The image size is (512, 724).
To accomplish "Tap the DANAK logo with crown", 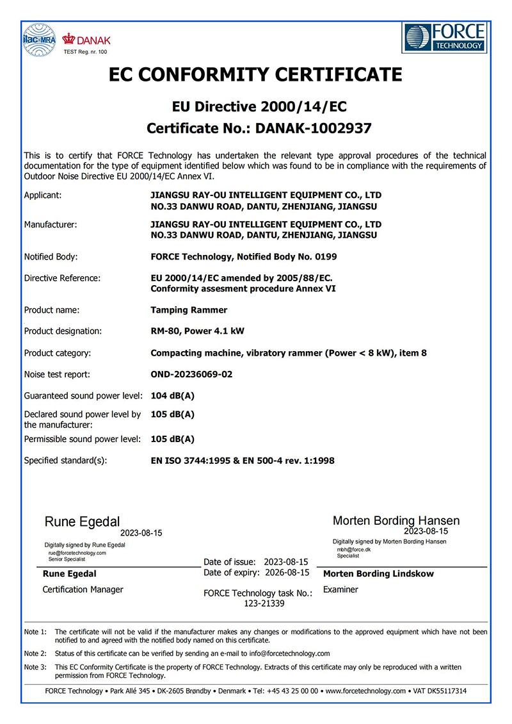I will point(86,40).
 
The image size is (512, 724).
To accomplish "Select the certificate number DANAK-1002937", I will point(314,128).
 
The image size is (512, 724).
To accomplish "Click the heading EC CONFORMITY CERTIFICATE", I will point(255,75).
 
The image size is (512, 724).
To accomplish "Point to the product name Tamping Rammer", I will point(189,310).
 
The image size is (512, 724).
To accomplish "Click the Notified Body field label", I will point(51,257).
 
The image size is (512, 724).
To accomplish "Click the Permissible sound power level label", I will point(82,439).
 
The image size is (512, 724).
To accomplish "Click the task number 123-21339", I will point(264,603).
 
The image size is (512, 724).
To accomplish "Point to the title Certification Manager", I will point(83,589).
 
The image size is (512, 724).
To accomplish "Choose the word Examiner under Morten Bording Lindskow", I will point(341,589).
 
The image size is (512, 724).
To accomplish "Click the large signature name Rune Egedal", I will point(82,522).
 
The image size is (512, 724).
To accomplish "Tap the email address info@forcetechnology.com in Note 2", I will point(290,654).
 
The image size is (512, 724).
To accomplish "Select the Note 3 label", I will point(35,667).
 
